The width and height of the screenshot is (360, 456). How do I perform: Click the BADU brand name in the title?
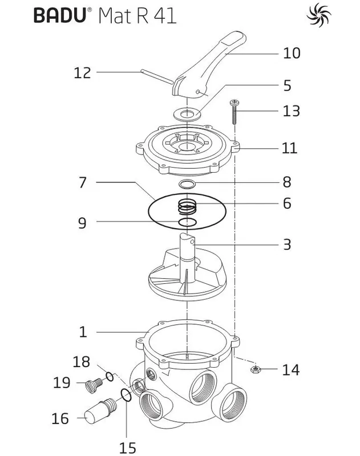60,15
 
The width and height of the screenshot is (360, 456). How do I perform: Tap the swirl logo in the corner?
319,15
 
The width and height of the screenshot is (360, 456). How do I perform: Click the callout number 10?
292,53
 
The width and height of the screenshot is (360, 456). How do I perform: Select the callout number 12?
82,73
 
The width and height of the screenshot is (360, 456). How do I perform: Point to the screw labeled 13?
234,112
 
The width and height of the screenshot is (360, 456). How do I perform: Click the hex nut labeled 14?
255,369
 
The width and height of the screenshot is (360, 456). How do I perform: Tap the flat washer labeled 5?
187,113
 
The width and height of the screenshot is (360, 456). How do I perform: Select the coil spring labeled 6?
188,207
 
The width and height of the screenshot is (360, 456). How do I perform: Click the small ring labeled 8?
187,184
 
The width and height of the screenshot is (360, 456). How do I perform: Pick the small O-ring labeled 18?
110,377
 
